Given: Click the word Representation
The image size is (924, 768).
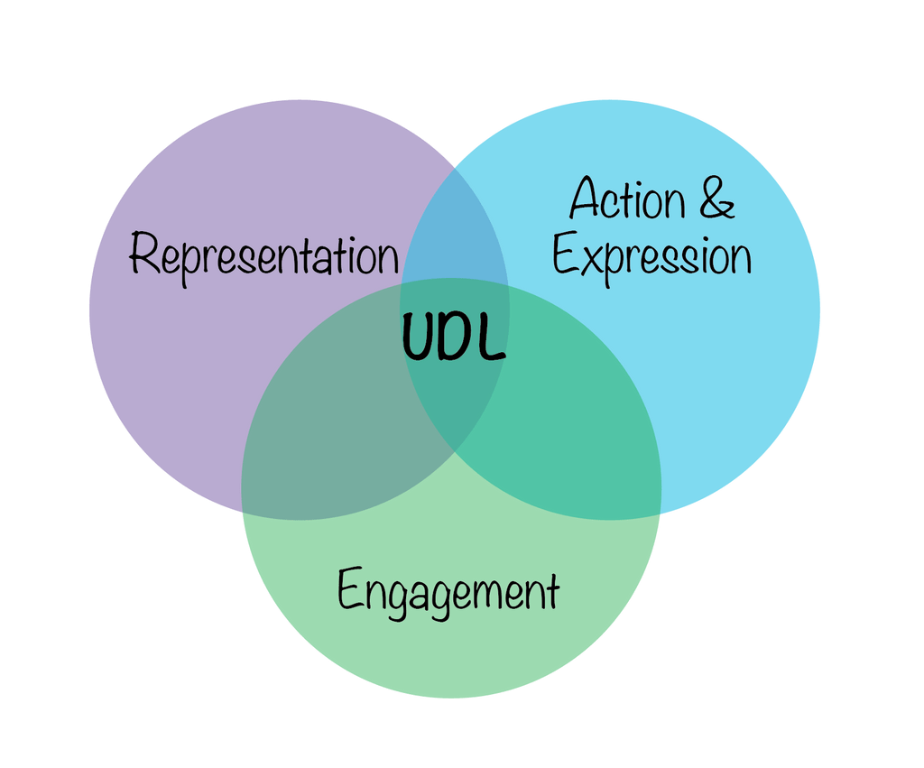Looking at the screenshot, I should pos(263,255).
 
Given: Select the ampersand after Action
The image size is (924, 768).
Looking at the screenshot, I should pos(716,199).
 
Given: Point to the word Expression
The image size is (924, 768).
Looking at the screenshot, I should pos(651,257).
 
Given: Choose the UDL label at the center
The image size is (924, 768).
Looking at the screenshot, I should pos(453,339).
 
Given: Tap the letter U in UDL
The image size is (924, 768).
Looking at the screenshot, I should pos(419,339).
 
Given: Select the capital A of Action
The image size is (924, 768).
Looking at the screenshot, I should pos(587,199).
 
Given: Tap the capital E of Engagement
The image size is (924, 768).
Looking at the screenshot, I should pos(350,590).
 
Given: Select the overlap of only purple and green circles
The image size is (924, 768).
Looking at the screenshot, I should pos(334,433).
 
